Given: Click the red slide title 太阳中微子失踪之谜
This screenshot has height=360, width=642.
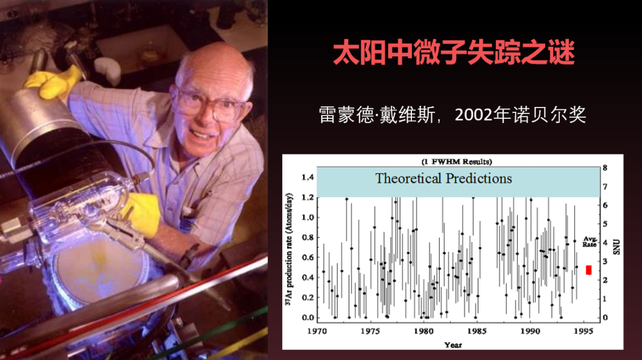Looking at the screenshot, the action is point(454,52).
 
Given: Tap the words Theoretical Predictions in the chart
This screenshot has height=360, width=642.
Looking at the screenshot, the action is point(443,178).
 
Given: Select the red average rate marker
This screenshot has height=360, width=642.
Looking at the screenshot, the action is point(588,270).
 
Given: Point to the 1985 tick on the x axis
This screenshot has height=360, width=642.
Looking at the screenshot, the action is point(477,331).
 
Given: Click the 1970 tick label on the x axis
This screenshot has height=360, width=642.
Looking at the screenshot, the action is point(317,331).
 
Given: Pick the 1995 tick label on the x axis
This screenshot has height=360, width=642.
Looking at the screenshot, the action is point(583,331).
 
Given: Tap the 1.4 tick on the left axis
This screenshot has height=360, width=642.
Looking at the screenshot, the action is point(307,177).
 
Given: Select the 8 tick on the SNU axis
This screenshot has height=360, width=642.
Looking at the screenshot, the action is point(605,168).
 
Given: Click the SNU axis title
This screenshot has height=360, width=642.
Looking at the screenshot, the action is point(616,247).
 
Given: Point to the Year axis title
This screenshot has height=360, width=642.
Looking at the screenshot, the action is point(453,345).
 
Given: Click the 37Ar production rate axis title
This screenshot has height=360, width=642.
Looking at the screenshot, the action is point(289,249).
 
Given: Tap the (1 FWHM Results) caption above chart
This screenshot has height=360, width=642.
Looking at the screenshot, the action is point(457,162).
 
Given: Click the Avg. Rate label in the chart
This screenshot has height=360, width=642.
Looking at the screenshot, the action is point(589,241).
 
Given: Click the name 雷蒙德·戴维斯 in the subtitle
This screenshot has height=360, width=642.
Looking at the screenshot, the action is point(377,115).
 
